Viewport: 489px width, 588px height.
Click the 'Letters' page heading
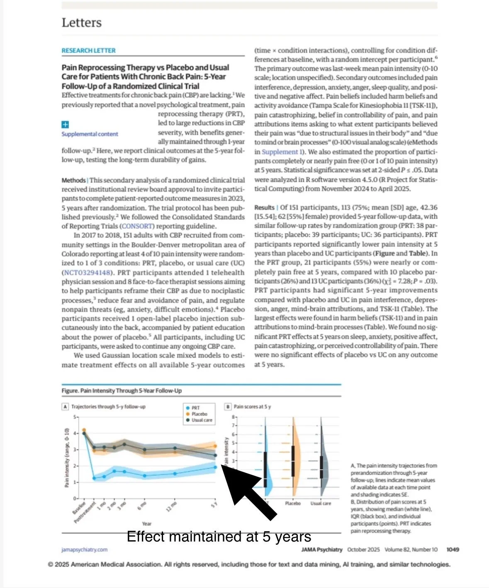point(81,22)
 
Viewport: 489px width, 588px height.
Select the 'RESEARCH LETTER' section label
point(88,51)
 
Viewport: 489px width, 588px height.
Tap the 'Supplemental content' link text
point(90,134)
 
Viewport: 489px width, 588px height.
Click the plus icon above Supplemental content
point(65,124)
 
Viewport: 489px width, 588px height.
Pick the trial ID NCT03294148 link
point(87,273)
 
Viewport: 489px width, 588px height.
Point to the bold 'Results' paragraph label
point(264,207)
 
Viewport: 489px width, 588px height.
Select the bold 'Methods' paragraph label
point(73,181)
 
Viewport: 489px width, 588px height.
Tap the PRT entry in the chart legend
point(195,408)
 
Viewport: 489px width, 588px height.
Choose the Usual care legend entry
point(202,420)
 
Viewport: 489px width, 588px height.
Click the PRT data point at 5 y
point(215,467)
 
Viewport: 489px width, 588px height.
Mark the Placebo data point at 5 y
point(215,446)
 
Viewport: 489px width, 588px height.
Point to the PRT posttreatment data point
point(94,478)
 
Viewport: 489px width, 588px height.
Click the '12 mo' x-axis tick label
point(171,507)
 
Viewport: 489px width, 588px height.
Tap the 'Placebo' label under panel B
point(293,503)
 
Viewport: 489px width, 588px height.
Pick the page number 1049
point(453,549)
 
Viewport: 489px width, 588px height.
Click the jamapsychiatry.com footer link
point(84,549)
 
